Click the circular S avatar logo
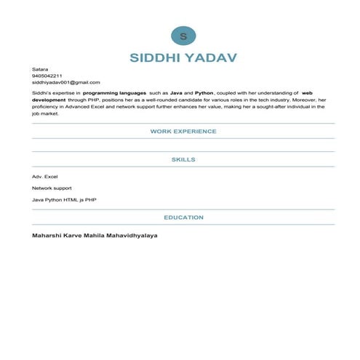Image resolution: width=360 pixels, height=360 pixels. tap(183, 35)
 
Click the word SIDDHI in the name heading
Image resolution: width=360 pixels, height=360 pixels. tap(157, 57)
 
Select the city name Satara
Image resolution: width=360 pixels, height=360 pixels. tap(39, 69)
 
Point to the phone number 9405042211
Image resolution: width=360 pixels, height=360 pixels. tap(47, 76)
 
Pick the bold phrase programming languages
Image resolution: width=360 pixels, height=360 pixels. tap(113, 93)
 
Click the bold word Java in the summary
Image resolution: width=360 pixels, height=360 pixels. tap(177, 93)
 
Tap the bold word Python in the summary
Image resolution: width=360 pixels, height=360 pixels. tap(204, 93)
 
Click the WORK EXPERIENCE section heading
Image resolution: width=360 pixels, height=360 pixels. tap(183, 132)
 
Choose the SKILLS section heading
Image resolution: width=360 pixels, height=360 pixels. tap(183, 159)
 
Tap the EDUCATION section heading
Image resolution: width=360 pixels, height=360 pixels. tap(183, 217)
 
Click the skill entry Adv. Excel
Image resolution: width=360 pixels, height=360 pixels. tap(45, 177)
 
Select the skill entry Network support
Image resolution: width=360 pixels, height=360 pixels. tap(52, 188)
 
